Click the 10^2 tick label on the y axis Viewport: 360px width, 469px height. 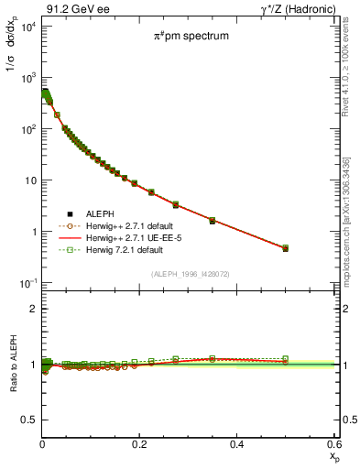27,129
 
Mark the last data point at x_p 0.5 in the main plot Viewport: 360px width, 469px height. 285,248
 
